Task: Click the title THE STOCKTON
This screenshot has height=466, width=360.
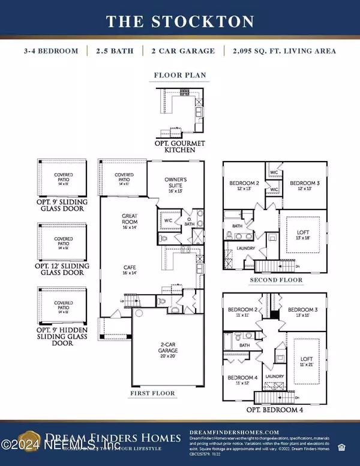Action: point(180,22)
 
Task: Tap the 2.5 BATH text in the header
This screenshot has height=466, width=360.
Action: point(113,51)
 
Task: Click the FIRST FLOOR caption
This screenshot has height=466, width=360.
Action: point(152,394)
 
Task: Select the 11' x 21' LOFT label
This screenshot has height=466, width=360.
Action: point(306,361)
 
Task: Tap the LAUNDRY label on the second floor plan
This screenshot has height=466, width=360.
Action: point(247,248)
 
